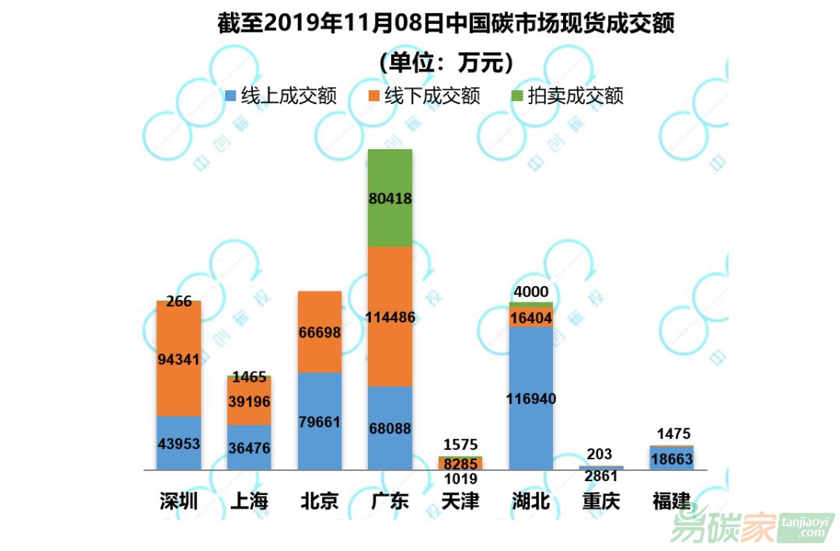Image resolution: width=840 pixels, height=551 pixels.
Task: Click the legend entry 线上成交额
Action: tap(281, 96)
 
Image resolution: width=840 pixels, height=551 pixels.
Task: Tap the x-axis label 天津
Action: tap(460, 501)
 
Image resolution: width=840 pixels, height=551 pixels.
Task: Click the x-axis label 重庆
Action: tap(601, 501)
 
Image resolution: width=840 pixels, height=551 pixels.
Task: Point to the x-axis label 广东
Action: tap(390, 501)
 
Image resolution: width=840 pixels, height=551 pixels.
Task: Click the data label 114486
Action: tap(390, 317)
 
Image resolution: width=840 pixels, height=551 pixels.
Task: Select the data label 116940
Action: tap(531, 399)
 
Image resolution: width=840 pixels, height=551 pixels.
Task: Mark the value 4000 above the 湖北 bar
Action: tap(531, 292)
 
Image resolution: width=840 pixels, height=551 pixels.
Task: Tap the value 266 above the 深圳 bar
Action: tap(179, 302)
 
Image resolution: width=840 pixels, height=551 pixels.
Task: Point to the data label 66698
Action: tap(320, 333)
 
